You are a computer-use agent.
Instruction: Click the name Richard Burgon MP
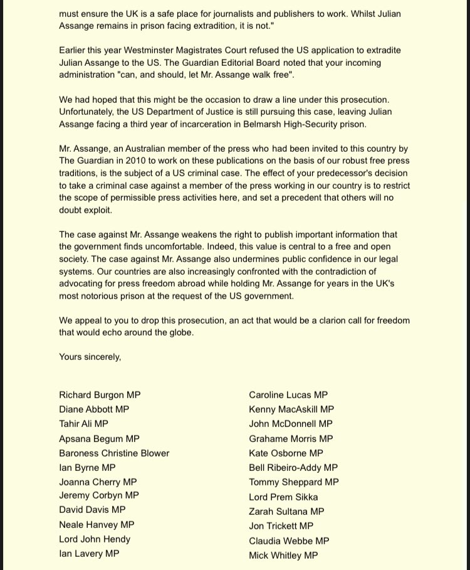pos(100,395)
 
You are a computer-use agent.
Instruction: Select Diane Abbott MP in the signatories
pos(94,409)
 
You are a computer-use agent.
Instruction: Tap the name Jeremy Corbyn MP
pos(99,495)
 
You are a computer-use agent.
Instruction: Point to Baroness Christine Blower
pos(114,453)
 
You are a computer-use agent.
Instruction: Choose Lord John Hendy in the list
pos(95,539)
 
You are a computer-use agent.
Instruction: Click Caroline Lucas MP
pos(288,395)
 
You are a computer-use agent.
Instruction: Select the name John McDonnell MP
pos(291,424)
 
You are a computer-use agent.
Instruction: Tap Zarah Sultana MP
pos(286,511)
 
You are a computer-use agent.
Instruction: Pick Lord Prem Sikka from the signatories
pos(283,497)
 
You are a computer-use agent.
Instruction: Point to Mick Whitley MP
pos(283,555)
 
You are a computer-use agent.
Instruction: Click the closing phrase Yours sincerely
pos(90,356)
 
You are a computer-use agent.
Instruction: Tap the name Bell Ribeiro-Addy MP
pos(293,468)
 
